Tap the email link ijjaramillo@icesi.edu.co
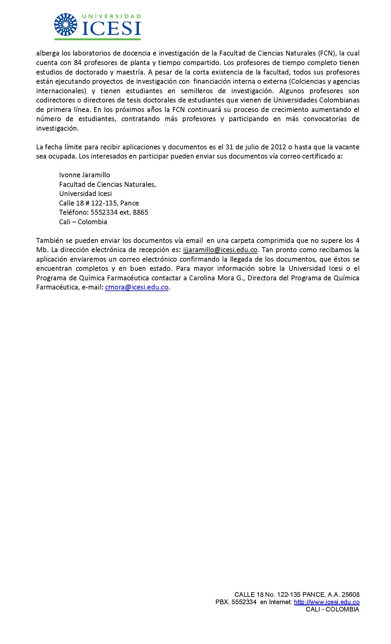click(x=220, y=250)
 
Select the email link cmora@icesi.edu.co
click(x=136, y=287)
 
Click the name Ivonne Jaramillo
click(x=84, y=175)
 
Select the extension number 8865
click(x=140, y=212)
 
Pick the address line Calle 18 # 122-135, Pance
click(x=99, y=203)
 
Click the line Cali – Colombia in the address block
click(x=83, y=222)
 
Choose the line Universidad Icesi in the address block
click(x=85, y=194)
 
